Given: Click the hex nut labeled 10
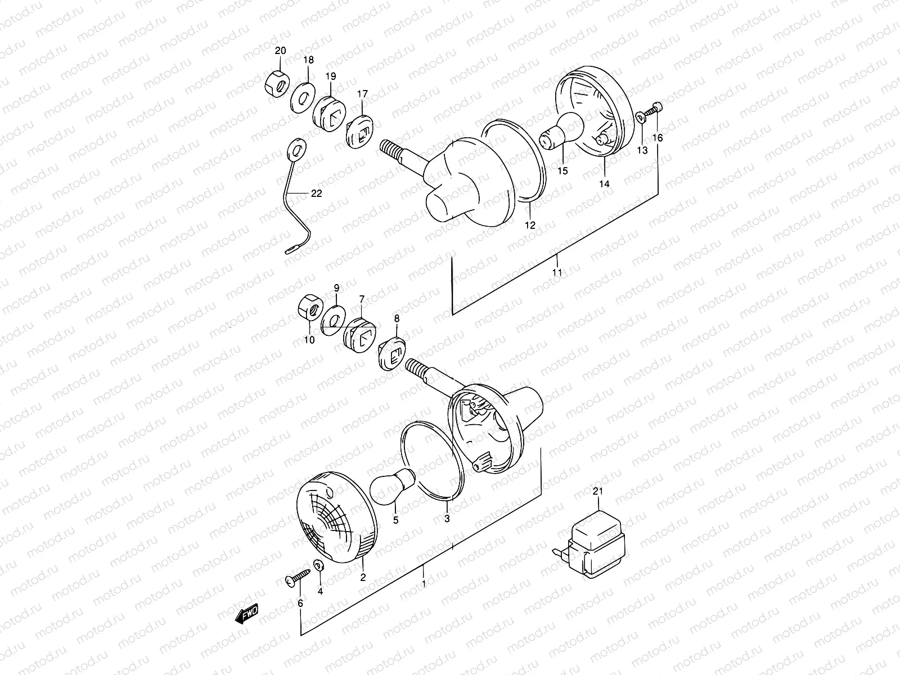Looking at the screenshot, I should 309,309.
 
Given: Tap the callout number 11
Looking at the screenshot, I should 557,273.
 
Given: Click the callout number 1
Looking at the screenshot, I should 424,584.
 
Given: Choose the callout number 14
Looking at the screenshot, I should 604,183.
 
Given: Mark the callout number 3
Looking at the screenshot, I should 447,519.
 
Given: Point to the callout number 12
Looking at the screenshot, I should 530,226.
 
